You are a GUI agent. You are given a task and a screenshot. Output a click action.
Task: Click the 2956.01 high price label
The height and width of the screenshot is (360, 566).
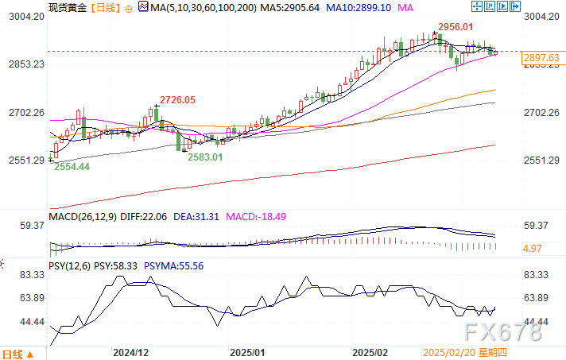(457, 27)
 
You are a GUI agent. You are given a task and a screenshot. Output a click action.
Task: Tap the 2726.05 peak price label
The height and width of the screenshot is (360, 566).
(177, 99)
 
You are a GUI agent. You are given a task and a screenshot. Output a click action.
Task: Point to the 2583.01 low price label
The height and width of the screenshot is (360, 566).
(205, 157)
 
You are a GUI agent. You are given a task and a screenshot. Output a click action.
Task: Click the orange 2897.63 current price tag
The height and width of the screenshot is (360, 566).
(541, 57)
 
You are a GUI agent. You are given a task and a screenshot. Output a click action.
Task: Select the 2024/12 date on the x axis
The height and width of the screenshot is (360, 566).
(132, 350)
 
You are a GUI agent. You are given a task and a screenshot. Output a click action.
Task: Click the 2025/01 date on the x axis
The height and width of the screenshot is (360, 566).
(246, 350)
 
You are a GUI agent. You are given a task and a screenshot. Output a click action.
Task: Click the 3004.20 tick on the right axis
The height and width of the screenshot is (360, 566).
(543, 17)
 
